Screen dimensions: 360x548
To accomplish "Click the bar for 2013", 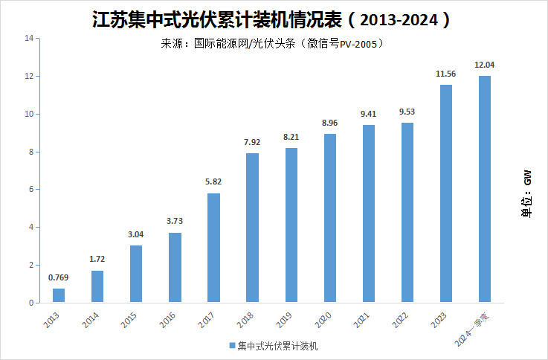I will (59, 295).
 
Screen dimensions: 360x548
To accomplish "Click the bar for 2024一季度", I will (485, 189).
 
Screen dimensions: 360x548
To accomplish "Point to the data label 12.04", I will (485, 65).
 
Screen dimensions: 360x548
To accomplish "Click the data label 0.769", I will (59, 278).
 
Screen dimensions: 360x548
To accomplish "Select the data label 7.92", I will (252, 143).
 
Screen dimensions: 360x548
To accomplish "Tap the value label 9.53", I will (407, 112).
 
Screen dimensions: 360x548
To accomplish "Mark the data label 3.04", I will (136, 235).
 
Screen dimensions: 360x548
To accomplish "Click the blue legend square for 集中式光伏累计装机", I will (231, 346).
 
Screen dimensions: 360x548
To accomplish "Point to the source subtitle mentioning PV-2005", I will (272, 43).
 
